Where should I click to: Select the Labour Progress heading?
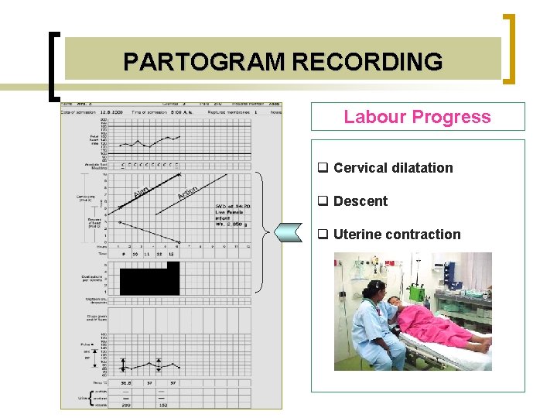point(417,117)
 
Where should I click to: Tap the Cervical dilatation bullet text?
point(393,168)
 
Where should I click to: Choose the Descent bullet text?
point(360,201)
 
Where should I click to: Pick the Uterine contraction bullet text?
point(396,235)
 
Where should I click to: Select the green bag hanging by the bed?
point(418,293)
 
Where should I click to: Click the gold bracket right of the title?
point(510,48)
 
